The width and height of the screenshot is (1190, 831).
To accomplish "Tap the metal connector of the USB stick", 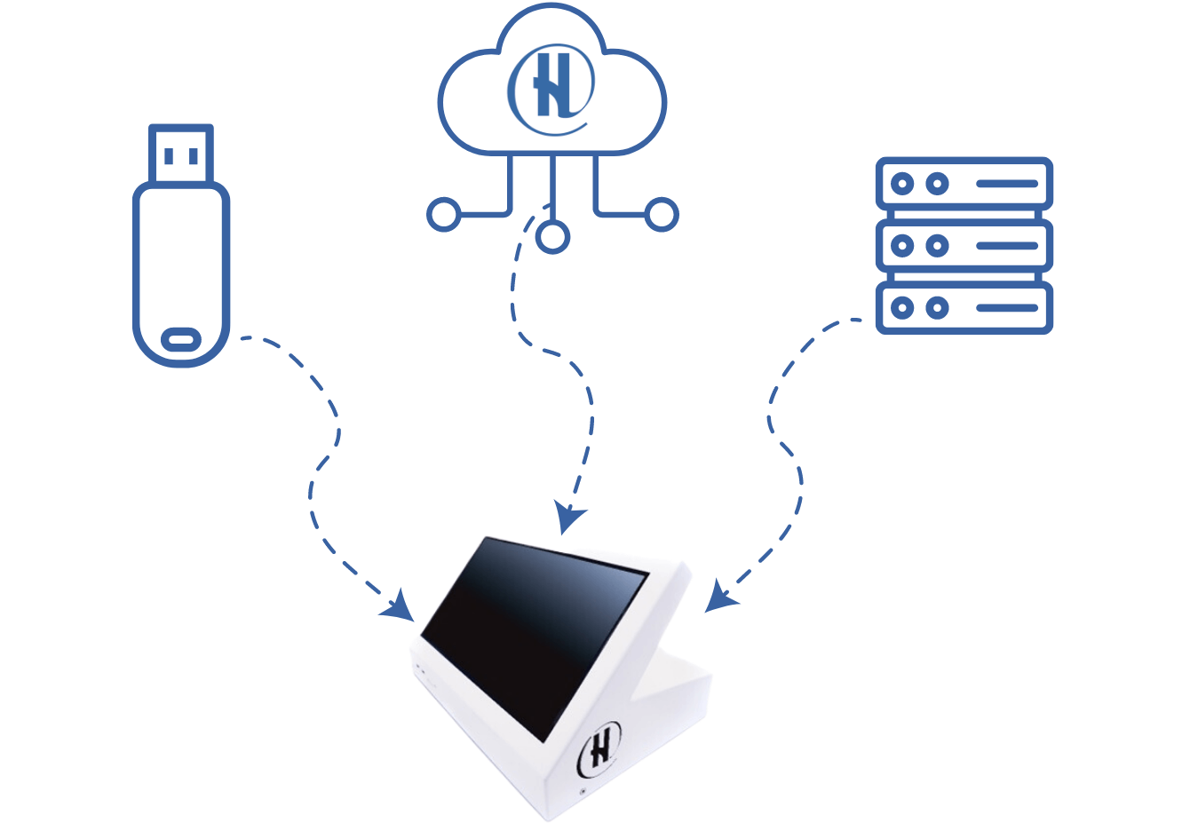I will point(181,154).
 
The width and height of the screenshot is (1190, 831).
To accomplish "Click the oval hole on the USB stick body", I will point(181,339).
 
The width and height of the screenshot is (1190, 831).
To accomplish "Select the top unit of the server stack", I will point(964,184).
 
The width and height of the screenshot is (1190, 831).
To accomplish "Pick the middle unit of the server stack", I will point(964,246).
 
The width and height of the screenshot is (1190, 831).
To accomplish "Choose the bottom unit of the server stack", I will point(964,308).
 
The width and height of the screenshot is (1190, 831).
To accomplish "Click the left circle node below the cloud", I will point(443,215).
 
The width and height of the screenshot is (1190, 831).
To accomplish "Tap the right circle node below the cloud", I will point(662,215).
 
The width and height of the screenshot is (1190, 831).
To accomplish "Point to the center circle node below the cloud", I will point(552,237).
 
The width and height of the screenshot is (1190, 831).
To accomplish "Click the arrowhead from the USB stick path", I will point(401,607).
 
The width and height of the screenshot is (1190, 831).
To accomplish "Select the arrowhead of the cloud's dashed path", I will point(567,518).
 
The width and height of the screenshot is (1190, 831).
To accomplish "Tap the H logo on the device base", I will point(601,748).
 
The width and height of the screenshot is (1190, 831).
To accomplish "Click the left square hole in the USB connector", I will point(170,156).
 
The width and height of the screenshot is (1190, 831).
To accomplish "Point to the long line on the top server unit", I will point(1006,184).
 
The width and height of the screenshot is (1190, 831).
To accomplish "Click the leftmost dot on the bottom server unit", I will point(902,308).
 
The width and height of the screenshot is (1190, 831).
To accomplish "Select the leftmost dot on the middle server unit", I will point(902,246).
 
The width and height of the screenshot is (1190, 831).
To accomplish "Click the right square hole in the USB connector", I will point(194,156).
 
